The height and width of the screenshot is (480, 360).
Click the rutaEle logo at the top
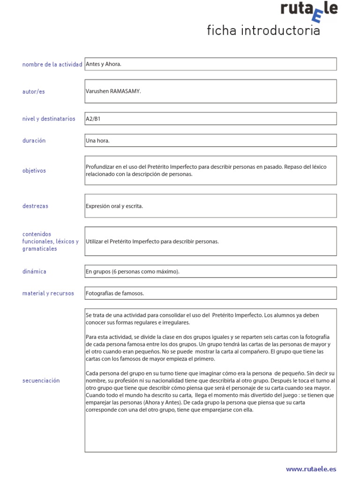[308, 11]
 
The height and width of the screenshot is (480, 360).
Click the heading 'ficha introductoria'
[263, 31]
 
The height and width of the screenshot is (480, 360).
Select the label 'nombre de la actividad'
[52, 64]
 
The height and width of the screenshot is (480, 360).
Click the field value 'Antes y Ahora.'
[104, 64]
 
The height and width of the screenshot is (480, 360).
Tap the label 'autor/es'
[34, 91]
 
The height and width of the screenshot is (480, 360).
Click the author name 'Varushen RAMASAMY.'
[113, 91]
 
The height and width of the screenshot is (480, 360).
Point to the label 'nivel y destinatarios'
[49, 119]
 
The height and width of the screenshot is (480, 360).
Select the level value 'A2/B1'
[93, 119]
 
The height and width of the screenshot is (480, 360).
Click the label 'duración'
[34, 141]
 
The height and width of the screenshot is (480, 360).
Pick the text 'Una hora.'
[97, 141]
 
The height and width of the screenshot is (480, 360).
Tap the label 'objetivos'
[34, 171]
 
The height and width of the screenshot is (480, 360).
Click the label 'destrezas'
[35, 206]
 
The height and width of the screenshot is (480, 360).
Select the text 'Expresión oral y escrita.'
[114, 206]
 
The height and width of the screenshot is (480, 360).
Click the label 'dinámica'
[34, 271]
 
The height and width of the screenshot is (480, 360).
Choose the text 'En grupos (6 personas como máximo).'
[133, 271]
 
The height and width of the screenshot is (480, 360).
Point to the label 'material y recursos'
[48, 293]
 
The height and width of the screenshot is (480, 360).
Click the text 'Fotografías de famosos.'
[115, 293]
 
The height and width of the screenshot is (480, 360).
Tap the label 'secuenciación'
[41, 381]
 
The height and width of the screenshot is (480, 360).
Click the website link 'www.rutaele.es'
[311, 468]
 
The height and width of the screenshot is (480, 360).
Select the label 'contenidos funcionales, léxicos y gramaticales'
[50, 241]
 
